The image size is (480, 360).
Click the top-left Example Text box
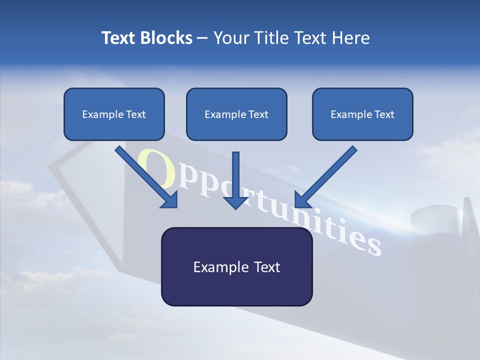[114, 114]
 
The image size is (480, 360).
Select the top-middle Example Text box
[236, 114]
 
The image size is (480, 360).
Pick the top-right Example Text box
[362, 114]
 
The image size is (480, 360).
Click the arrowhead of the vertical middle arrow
[236, 202]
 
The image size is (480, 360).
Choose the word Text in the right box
[384, 114]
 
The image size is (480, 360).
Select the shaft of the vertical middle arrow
[236, 172]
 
